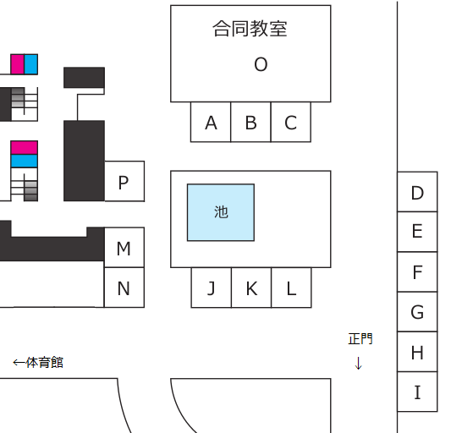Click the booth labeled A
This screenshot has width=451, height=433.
pyautogui.click(x=211, y=122)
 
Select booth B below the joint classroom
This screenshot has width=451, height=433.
pyautogui.click(x=250, y=122)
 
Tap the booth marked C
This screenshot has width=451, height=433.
pyautogui.click(x=291, y=122)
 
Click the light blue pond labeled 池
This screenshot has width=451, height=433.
pyautogui.click(x=221, y=212)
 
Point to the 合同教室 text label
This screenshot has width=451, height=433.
pyautogui.click(x=250, y=29)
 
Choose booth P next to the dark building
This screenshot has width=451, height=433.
pyautogui.click(x=124, y=181)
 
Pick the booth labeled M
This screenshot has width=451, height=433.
pyautogui.click(x=124, y=247)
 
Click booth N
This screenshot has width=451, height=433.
pyautogui.click(x=124, y=288)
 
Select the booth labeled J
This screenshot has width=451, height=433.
pyautogui.click(x=212, y=288)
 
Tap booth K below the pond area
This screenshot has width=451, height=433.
pyautogui.click(x=251, y=288)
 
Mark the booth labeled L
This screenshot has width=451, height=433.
pyautogui.click(x=291, y=288)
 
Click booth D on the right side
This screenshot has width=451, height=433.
pyautogui.click(x=417, y=192)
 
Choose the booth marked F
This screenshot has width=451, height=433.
pyautogui.click(x=417, y=271)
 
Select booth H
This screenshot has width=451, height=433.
pyautogui.click(x=417, y=352)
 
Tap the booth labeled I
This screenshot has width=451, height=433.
pyautogui.click(x=417, y=392)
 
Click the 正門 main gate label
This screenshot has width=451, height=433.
pyautogui.click(x=360, y=338)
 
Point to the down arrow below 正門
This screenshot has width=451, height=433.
pyautogui.click(x=359, y=363)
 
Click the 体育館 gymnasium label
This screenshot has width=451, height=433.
pyautogui.click(x=44, y=362)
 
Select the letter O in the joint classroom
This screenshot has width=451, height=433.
pyautogui.click(x=261, y=64)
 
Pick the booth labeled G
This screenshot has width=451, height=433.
pyautogui.click(x=417, y=312)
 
